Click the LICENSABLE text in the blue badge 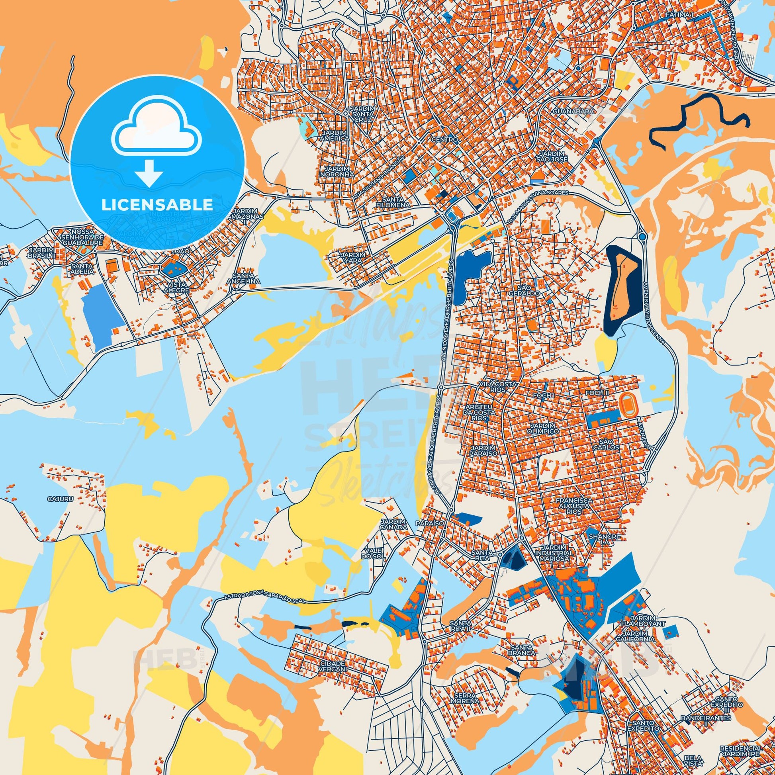pos(157,205)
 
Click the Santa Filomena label pos(396,202)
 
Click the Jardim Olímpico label pos(544,428)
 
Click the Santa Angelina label pos(246,278)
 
